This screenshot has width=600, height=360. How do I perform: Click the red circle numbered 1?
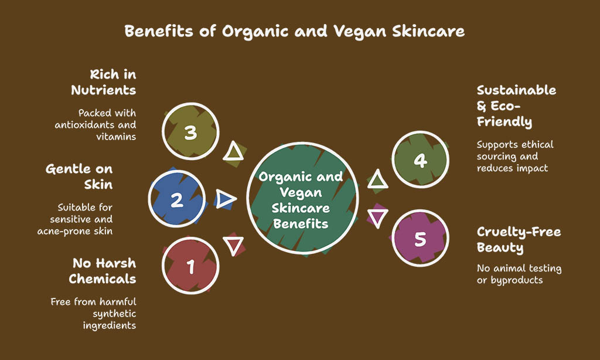(x=190, y=266)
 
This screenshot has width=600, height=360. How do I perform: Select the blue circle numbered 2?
(x=177, y=199)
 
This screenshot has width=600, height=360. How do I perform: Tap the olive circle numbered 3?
(x=190, y=131)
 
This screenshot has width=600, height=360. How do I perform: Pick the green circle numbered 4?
(x=420, y=159)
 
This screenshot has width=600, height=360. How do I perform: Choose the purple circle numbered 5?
(x=420, y=238)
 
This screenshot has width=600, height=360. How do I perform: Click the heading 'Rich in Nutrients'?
(x=104, y=82)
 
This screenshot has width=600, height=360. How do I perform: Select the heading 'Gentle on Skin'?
(x=79, y=176)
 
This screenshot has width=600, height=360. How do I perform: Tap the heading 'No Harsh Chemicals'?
(x=103, y=271)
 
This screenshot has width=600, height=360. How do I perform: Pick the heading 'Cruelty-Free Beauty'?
(x=519, y=240)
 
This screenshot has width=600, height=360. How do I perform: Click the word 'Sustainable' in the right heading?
(x=517, y=90)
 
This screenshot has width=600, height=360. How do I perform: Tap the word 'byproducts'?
(x=517, y=280)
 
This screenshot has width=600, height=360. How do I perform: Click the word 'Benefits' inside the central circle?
(x=301, y=223)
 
